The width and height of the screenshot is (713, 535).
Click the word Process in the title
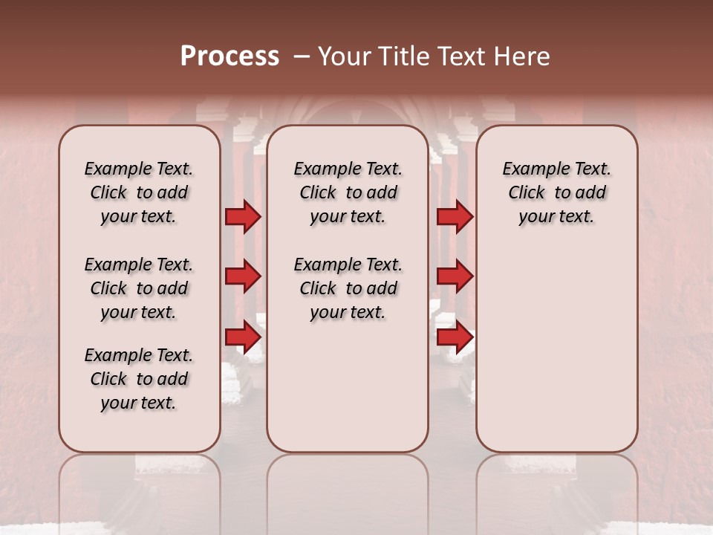pyautogui.click(x=229, y=56)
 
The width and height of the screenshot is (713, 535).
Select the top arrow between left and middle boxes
pyautogui.click(x=242, y=217)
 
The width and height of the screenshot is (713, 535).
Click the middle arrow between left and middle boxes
pyautogui.click(x=242, y=277)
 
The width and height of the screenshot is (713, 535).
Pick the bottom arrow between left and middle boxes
pyautogui.click(x=242, y=337)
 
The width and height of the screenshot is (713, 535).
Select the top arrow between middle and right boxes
pyautogui.click(x=454, y=217)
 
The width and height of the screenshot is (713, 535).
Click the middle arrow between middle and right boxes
pyautogui.click(x=454, y=277)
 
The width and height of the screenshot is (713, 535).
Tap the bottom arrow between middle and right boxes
pyautogui.click(x=454, y=337)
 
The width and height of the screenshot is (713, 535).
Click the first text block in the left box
pyautogui.click(x=139, y=193)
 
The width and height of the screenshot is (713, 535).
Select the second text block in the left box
pyautogui.click(x=139, y=288)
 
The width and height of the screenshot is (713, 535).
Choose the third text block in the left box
pyautogui.click(x=139, y=379)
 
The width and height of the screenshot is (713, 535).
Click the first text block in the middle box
pyautogui.click(x=348, y=193)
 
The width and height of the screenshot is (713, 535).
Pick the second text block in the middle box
pyautogui.click(x=348, y=288)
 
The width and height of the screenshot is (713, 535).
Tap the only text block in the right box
pyautogui.click(x=556, y=193)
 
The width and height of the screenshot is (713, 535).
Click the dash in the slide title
pyautogui.click(x=302, y=56)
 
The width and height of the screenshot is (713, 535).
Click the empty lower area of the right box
pyautogui.click(x=556, y=349)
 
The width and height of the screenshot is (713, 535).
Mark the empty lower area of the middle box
pyautogui.click(x=348, y=394)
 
